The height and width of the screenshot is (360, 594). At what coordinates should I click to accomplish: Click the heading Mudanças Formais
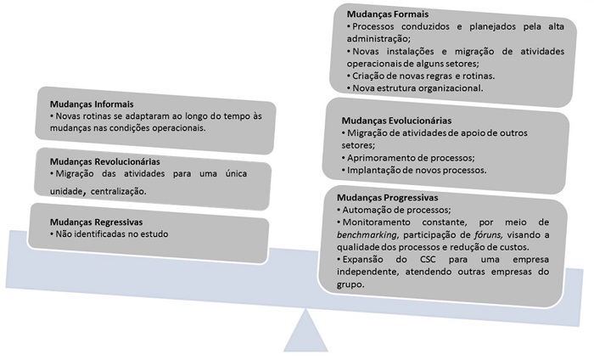[388, 14]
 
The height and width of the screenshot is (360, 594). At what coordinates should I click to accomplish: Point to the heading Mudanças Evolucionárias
[395, 121]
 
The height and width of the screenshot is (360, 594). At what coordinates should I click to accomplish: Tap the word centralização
[113, 191]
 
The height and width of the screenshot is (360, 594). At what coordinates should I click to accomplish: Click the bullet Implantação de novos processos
[414, 170]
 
